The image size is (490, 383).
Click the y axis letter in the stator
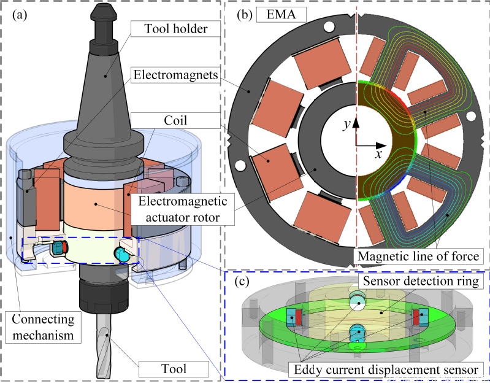(x=346, y=124)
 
